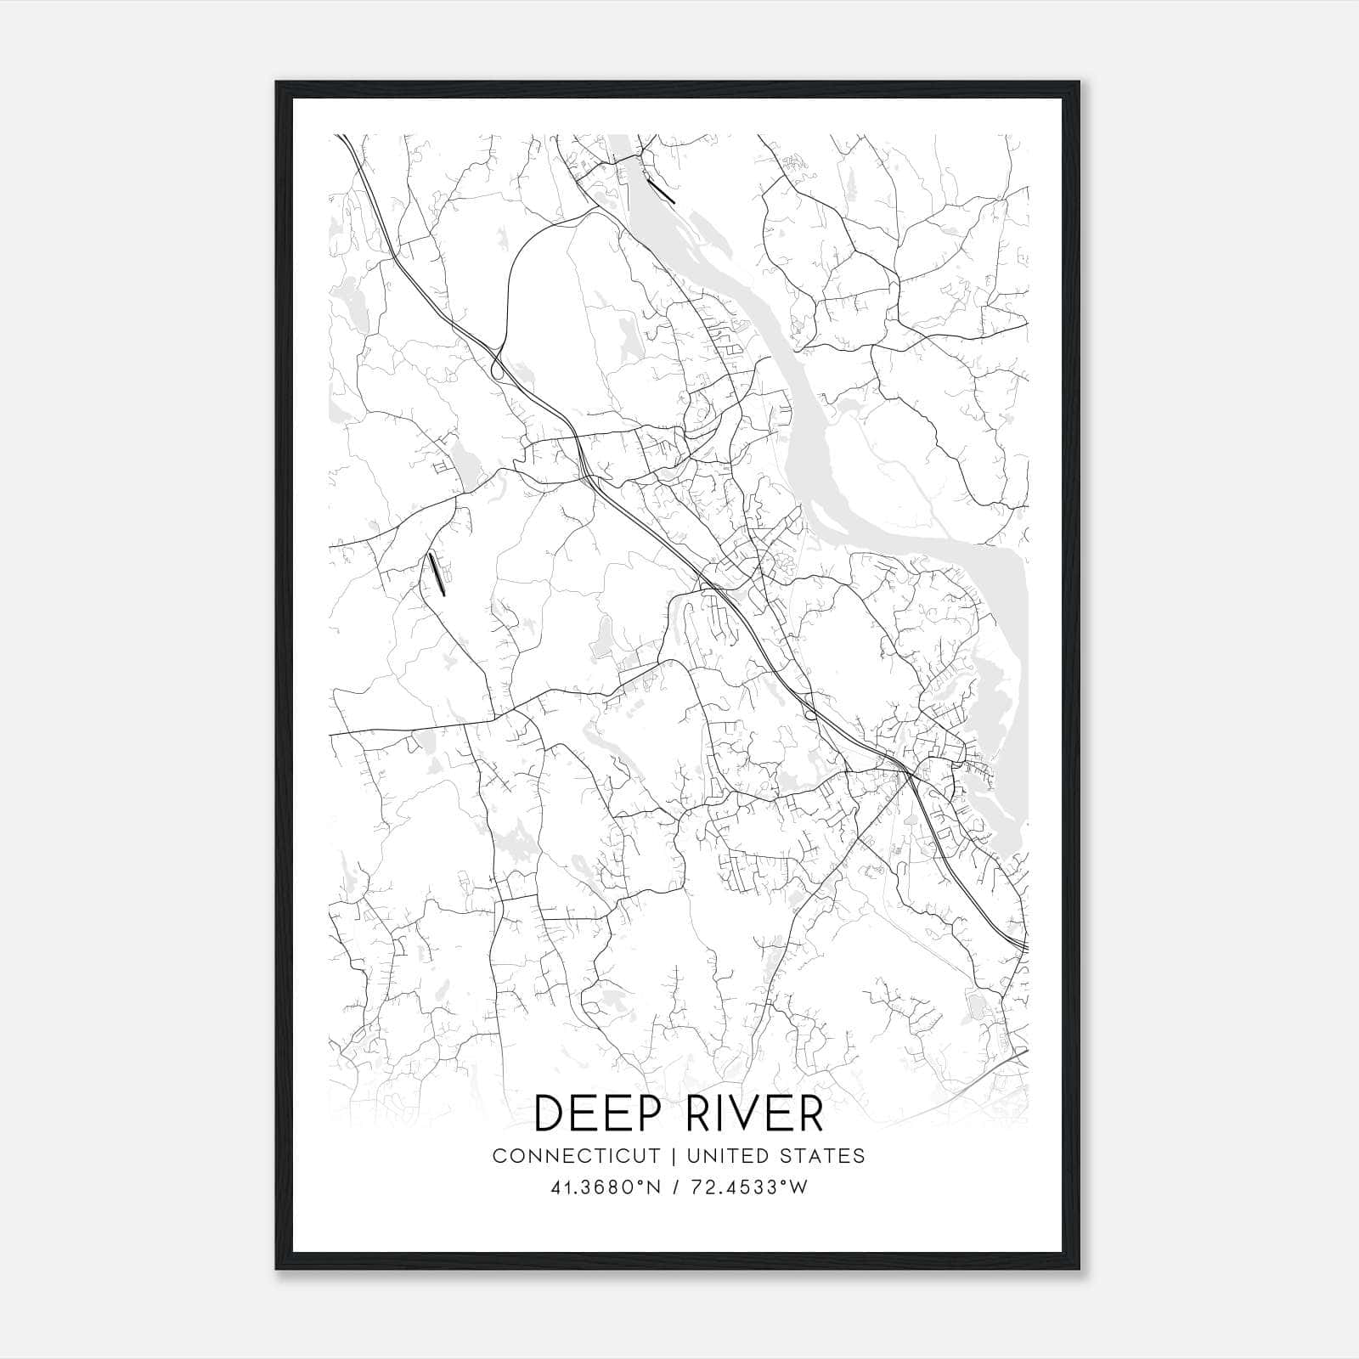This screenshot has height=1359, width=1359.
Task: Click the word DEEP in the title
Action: tap(593, 1114)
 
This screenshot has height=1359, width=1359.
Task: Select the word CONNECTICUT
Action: tap(576, 1156)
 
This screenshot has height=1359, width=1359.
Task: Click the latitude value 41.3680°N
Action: tap(606, 1187)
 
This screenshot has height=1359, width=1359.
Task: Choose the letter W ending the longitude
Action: tap(798, 1187)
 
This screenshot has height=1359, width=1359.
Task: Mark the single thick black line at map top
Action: tap(660, 190)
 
